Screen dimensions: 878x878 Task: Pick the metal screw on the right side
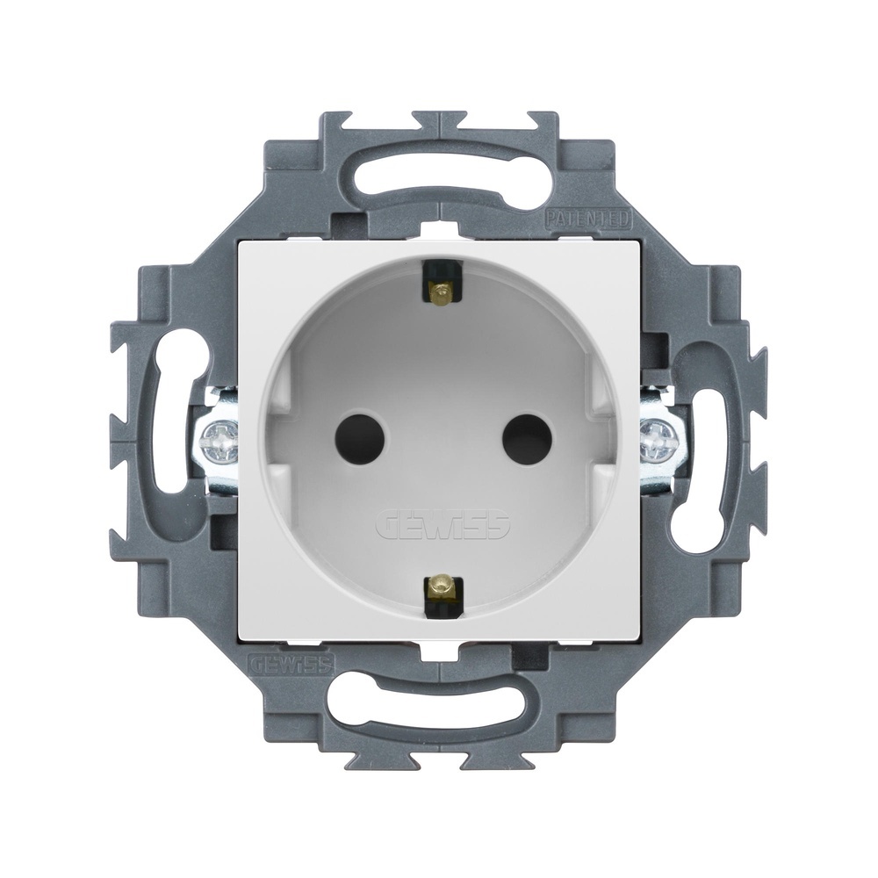[x=660, y=439]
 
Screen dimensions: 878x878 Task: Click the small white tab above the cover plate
[x=438, y=231]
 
